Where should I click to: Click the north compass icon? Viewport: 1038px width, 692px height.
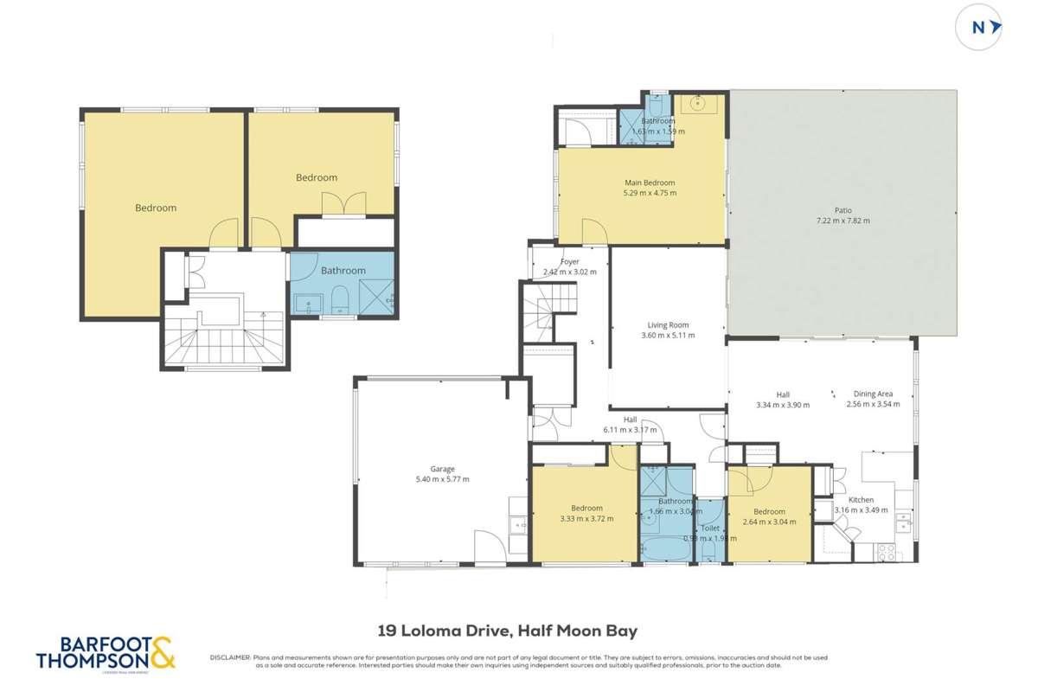[x=978, y=28]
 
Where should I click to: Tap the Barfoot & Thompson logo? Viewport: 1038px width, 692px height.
[x=106, y=652]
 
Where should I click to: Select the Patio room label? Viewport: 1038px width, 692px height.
[x=843, y=210]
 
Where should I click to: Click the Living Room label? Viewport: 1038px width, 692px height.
[x=668, y=325]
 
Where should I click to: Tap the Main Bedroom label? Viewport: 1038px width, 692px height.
[x=650, y=183]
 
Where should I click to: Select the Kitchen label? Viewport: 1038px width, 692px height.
[x=860, y=500]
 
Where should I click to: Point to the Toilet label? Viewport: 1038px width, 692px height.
[x=710, y=528]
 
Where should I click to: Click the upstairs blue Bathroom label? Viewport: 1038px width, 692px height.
[x=343, y=271]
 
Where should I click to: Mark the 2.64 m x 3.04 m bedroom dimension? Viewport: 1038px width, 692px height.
[x=769, y=522]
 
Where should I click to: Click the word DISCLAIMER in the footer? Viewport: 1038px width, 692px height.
[x=230, y=657]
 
